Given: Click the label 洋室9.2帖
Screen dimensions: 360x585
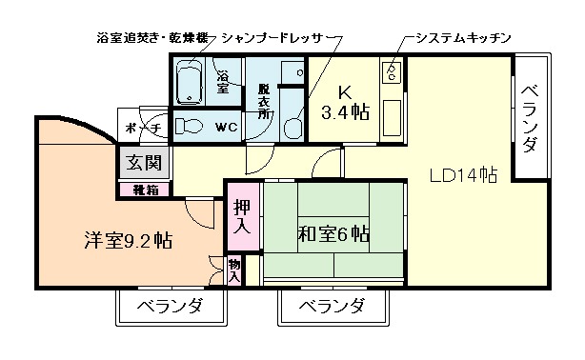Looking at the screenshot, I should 127,239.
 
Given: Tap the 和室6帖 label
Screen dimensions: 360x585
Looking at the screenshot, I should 333,233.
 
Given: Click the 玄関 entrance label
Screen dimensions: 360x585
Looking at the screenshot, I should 146,162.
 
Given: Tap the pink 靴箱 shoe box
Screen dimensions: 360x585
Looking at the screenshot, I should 146,189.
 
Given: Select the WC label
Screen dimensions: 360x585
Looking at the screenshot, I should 227,126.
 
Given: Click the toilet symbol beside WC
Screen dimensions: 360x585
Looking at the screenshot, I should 191,125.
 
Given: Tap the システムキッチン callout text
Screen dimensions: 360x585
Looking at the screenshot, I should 463,37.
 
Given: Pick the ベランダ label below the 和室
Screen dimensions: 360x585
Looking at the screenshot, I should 332,306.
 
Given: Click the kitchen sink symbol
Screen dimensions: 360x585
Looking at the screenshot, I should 391,71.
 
